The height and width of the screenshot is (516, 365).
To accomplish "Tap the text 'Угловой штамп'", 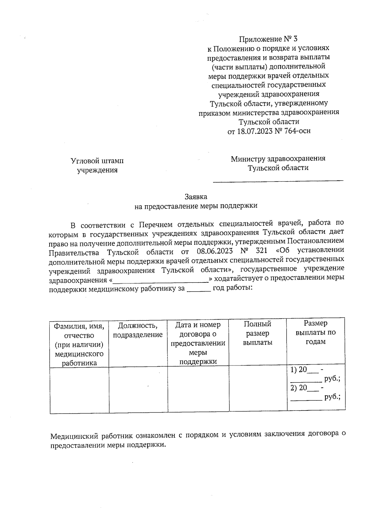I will click(97, 161).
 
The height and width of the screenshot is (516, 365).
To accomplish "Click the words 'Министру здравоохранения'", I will click(278, 159).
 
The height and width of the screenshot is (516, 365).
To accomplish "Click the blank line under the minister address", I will click(278, 181).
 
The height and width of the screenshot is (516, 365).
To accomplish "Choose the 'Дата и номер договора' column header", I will click(198, 343).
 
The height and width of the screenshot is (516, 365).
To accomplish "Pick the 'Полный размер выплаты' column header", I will click(258, 333).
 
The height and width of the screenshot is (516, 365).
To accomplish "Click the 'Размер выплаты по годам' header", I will click(316, 332).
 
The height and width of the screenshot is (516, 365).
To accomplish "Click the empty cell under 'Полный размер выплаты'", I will click(258, 390).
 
